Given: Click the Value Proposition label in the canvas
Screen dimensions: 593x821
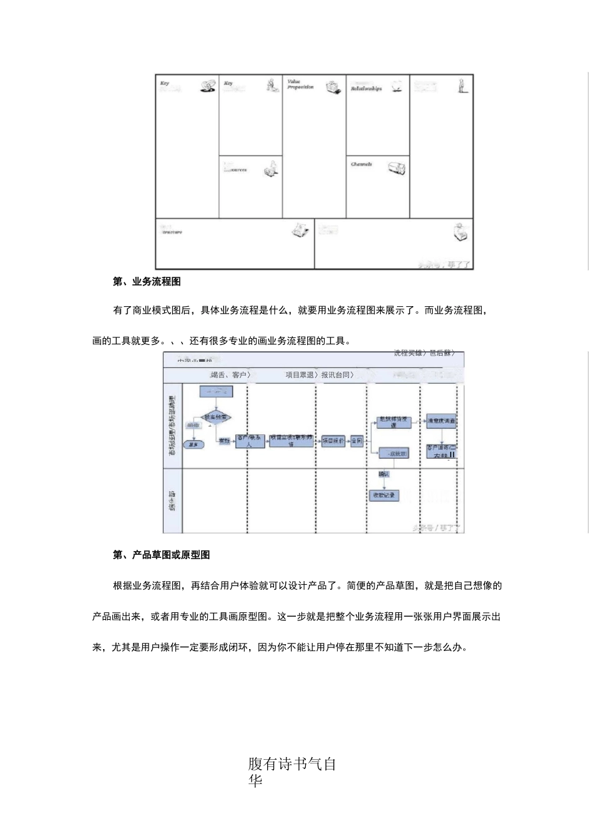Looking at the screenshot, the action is click(300, 84).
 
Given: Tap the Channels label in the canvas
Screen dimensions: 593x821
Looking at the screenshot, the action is click(361, 164).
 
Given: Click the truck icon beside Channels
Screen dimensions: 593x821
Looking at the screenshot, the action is click(396, 167).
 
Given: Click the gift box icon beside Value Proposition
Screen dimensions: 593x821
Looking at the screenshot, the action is click(334, 87).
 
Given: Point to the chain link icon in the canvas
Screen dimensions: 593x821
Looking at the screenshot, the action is click(208, 86).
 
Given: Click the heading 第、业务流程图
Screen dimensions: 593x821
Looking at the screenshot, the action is click(147, 282).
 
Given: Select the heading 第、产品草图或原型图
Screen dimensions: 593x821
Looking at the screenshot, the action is click(161, 555).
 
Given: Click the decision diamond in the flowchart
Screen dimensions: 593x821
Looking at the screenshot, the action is click(216, 417).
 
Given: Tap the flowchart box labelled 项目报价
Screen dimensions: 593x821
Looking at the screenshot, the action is click(333, 441).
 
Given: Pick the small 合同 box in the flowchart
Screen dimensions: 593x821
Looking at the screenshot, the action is click(356, 441).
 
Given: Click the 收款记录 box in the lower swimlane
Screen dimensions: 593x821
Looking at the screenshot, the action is click(384, 495).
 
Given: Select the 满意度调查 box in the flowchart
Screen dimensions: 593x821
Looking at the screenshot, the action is click(441, 422).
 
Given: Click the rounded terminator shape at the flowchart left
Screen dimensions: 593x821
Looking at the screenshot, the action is click(194, 445).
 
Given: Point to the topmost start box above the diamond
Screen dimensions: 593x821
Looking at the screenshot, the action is click(216, 392).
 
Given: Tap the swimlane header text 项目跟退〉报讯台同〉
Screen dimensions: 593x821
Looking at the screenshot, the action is click(320, 375).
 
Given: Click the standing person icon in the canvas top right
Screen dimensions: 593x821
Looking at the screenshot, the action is click(462, 86).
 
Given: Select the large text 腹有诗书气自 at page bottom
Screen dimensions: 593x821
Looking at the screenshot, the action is click(292, 764).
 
